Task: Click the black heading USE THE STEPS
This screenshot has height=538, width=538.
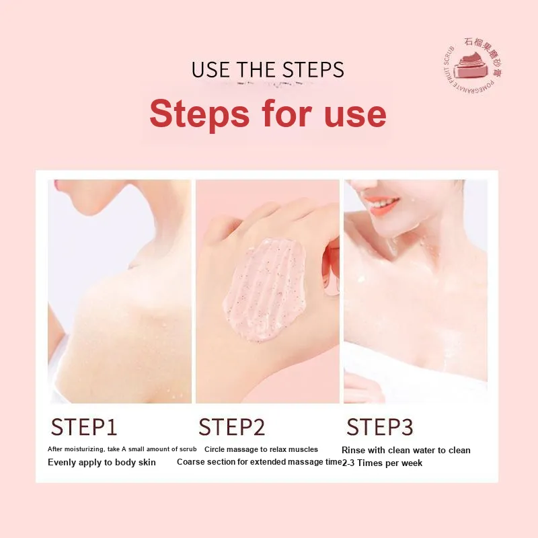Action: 268,70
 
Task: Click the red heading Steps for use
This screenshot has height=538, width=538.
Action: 268,114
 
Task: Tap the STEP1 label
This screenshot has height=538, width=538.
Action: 84,427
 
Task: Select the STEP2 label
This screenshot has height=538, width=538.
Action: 231,427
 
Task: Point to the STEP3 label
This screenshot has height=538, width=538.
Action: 380,427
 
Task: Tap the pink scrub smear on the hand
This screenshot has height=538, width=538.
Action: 264,289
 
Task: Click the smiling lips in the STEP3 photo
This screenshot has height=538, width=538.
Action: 381,204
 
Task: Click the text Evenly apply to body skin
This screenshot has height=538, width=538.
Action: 102,463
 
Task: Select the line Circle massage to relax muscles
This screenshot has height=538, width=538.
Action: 261,449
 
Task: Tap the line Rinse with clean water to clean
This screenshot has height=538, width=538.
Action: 406,450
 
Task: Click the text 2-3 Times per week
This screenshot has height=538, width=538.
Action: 382,463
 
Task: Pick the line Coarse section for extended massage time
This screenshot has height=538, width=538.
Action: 260,462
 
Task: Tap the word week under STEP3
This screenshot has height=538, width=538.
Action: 412,463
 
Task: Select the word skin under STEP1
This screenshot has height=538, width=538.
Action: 147,463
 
